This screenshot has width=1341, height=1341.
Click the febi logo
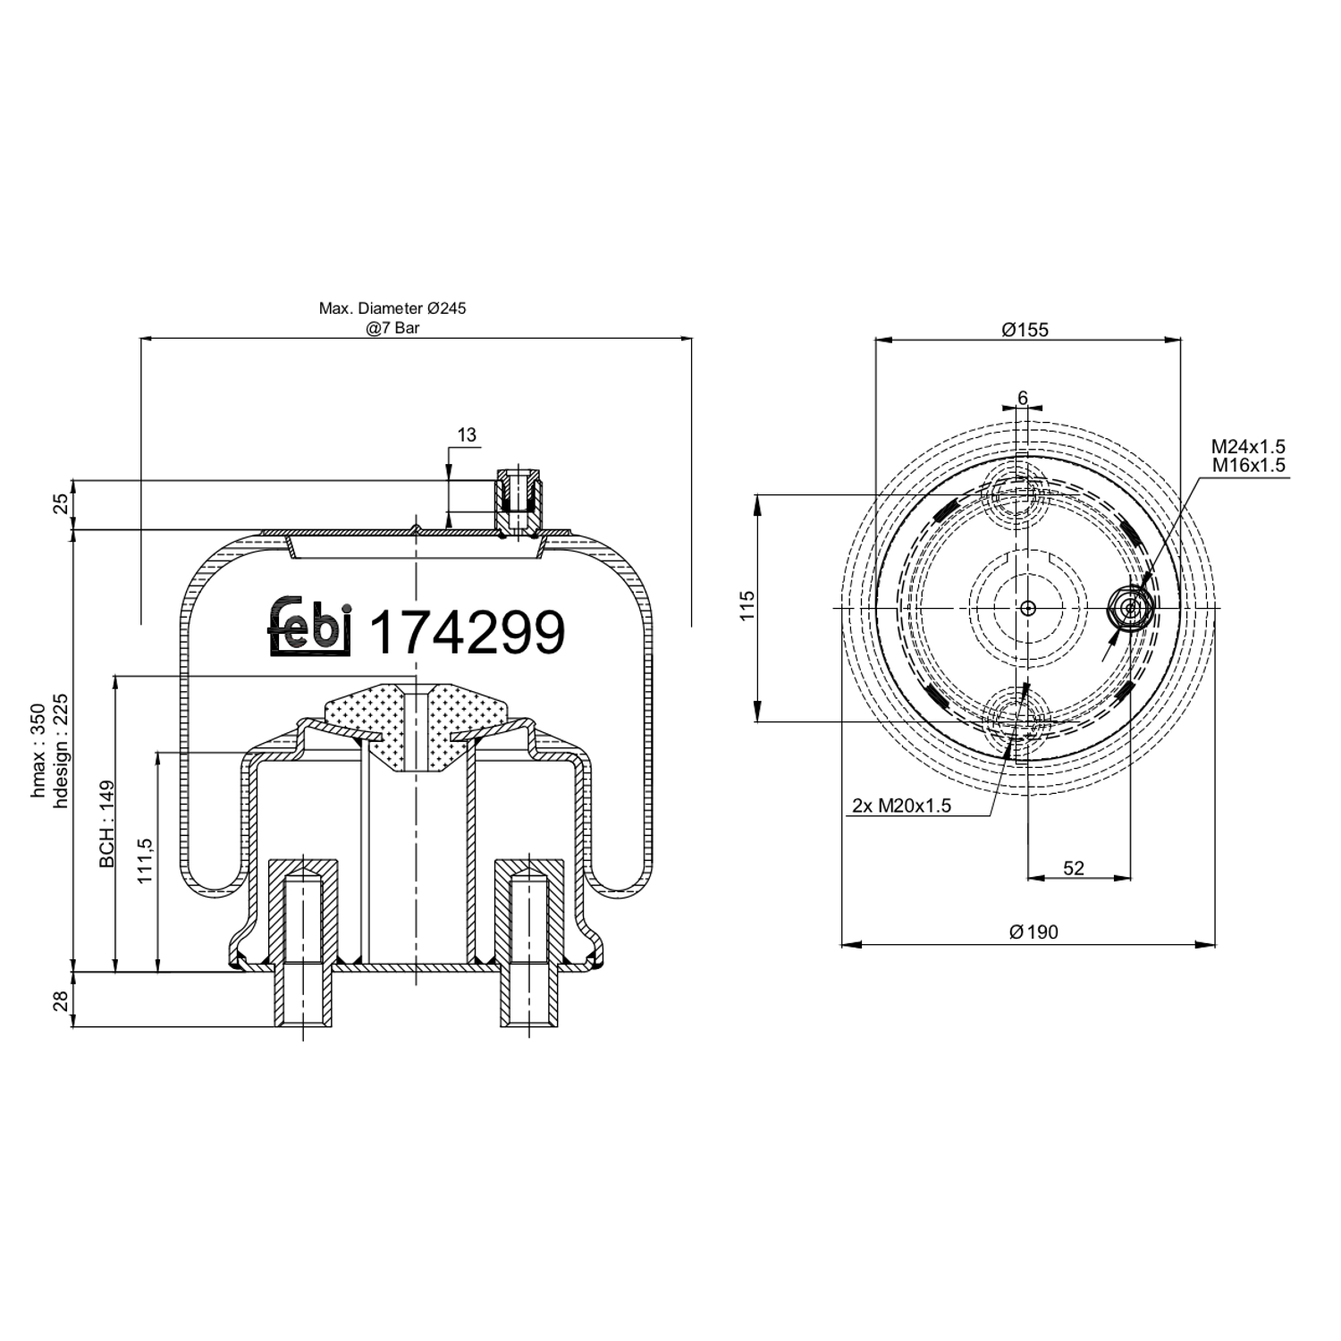[309, 627]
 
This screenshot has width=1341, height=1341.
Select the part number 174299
[467, 632]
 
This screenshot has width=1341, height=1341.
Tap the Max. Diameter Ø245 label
[392, 308]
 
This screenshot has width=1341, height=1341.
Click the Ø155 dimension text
[1025, 330]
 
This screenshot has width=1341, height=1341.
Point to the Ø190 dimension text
[1033, 932]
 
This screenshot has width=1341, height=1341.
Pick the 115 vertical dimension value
[747, 605]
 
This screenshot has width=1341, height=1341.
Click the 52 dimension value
[1074, 867]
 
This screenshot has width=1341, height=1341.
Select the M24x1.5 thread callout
[1248, 446]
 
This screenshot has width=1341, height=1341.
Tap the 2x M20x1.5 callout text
[901, 805]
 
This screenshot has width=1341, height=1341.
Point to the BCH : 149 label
[107, 824]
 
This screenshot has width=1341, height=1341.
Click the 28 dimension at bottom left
[61, 1001]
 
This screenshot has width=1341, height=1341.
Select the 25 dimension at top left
[61, 505]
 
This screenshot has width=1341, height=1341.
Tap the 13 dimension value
[467, 435]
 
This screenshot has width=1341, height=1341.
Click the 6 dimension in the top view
[1023, 398]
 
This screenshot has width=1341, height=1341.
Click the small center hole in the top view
[1028, 608]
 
